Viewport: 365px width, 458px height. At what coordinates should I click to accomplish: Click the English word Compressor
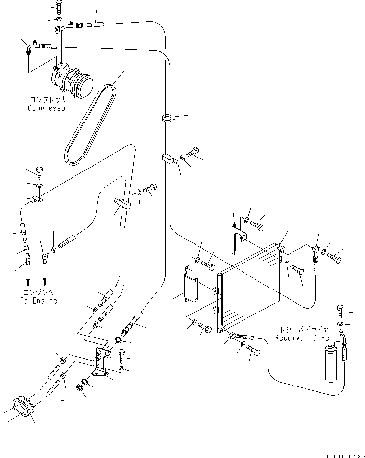point(48,108)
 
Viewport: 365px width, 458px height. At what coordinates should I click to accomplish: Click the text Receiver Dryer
point(304,338)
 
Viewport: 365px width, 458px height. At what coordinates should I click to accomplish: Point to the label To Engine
point(39,300)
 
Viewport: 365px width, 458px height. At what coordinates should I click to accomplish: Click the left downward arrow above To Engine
point(27,284)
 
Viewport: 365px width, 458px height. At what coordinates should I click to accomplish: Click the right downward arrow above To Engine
point(45,284)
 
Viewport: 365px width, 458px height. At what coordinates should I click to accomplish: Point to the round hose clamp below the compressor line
point(167,118)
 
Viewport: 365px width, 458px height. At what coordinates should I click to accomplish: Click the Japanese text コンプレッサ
point(48,99)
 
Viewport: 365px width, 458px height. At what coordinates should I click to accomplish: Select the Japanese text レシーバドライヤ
point(304,330)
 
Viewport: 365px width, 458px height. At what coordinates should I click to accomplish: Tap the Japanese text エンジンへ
point(39,292)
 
